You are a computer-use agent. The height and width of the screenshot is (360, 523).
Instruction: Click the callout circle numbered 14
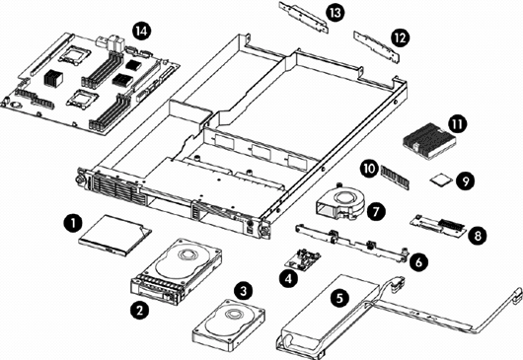[141, 31]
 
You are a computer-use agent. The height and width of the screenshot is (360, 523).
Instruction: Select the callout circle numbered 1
[73, 223]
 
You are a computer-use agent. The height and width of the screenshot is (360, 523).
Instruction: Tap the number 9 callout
[466, 181]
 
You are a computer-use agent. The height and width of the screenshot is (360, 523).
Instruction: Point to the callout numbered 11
[457, 124]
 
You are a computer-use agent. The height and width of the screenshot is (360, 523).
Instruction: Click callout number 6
[418, 261]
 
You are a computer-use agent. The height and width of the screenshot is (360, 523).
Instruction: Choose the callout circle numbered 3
[244, 291]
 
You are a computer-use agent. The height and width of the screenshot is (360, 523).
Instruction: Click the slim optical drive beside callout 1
[114, 235]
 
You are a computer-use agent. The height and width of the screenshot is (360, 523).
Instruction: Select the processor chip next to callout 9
[440, 180]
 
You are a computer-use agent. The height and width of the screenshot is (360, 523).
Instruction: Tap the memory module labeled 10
[395, 177]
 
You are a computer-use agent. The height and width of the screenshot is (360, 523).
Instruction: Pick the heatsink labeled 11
[429, 141]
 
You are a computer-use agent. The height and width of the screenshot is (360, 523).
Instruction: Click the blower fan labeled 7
[340, 202]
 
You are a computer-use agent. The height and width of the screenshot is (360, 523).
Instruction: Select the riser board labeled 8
[438, 226]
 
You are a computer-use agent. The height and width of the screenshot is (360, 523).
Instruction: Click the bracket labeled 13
[304, 17]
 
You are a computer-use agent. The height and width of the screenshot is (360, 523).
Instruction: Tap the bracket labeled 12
[376, 47]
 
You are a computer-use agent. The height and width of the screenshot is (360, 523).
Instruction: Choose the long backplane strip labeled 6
[352, 243]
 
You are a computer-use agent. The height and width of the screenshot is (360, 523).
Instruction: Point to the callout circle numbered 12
[400, 38]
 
